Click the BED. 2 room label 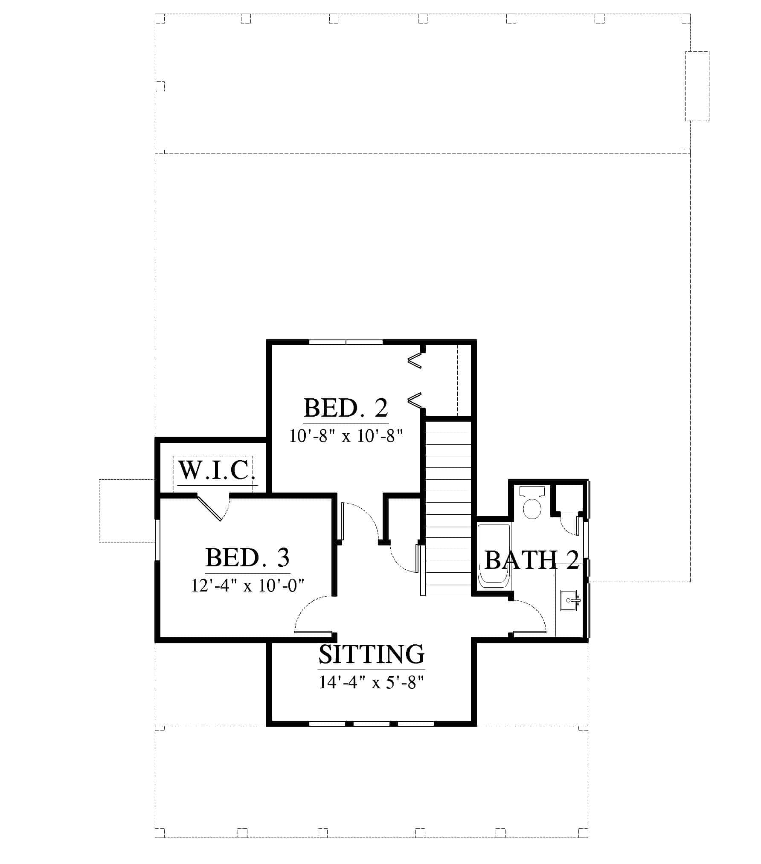[x=346, y=408]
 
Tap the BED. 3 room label [x=247, y=557]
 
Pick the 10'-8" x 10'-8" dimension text [x=346, y=436]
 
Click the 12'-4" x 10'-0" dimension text [x=247, y=585]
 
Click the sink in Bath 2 [x=569, y=601]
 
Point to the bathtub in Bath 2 [x=494, y=556]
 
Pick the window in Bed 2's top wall [x=346, y=342]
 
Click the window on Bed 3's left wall [x=157, y=539]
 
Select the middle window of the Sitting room [x=372, y=724]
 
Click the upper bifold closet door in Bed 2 [x=415, y=361]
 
